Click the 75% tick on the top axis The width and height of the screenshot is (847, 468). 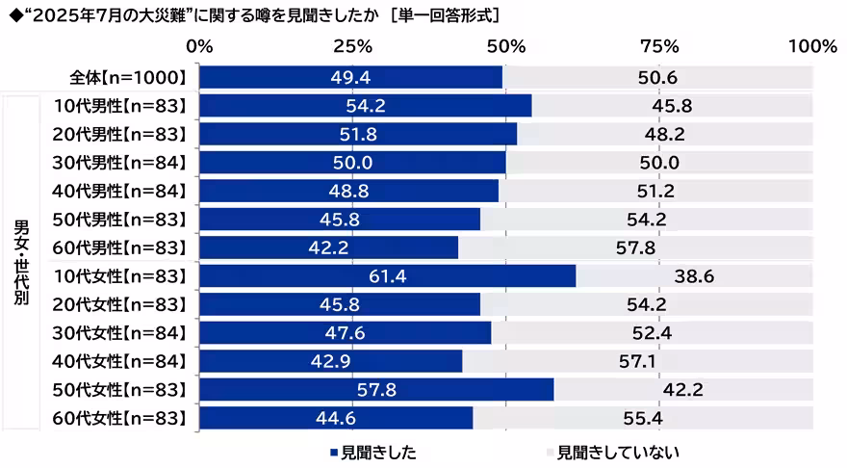[x=659, y=45]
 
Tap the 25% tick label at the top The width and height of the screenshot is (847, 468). [x=352, y=45]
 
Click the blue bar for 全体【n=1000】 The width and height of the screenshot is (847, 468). [x=351, y=77]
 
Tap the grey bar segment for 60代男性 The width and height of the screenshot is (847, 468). [x=635, y=247]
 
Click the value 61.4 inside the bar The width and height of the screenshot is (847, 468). [x=389, y=276]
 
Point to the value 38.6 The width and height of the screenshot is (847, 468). [x=693, y=276]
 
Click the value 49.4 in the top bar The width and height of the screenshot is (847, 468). [x=351, y=77]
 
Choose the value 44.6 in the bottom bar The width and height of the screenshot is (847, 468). [x=336, y=417]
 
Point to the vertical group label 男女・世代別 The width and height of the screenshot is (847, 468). [x=20, y=261]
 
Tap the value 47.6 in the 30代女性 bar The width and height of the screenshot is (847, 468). [x=346, y=332]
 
